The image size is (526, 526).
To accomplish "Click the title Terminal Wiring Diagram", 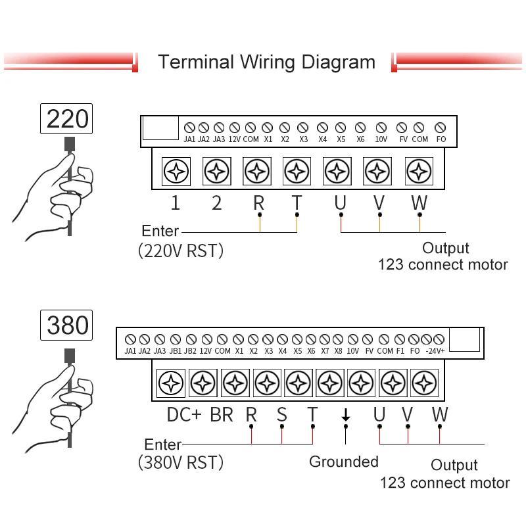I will click(266, 62).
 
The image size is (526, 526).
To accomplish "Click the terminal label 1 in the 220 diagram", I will click(175, 203).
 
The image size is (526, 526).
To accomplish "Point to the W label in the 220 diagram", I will click(419, 203).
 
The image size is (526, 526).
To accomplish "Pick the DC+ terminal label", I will click(184, 415).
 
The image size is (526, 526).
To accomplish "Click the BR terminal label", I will click(222, 415).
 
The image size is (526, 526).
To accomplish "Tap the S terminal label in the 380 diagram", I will click(281, 415).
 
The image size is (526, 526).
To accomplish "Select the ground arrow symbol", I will click(345, 416).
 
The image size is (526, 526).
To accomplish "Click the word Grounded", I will click(344, 462).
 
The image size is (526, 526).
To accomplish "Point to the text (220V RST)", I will click(181, 251).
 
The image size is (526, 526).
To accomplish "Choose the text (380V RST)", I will click(181, 462).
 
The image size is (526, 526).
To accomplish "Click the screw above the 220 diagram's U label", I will click(337, 172).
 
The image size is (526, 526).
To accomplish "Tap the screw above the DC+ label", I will click(171, 383).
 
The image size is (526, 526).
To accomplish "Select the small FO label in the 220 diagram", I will click(441, 139).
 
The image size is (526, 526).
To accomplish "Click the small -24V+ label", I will click(435, 351).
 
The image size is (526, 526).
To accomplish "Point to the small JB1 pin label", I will click(176, 351).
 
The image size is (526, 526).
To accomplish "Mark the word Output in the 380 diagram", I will click(454, 466).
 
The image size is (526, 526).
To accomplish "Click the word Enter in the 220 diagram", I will click(160, 231).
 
